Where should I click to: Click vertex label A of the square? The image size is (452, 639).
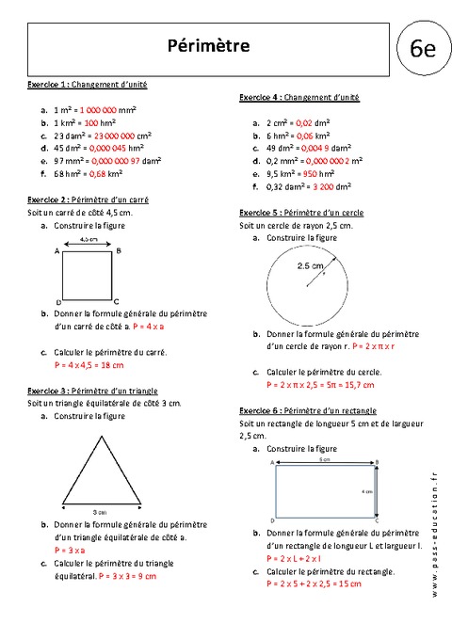tap(58, 252)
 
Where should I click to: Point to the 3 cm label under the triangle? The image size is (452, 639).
tap(99, 511)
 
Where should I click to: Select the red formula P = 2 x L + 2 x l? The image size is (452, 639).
tap(302, 558)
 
